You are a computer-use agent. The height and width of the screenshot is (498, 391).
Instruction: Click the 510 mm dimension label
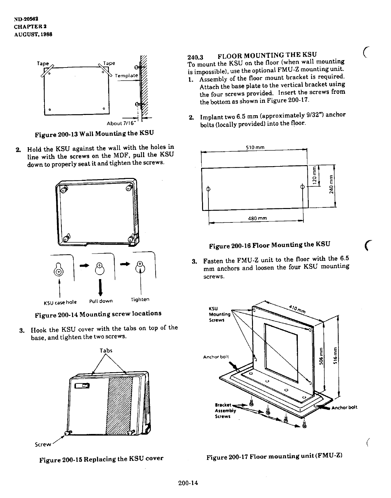tap(255, 148)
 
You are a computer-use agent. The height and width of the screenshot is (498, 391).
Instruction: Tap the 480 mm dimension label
tap(257, 219)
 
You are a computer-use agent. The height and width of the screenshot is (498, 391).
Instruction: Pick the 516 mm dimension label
tap(335, 353)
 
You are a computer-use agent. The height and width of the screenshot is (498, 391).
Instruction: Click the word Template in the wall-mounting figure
tap(126, 76)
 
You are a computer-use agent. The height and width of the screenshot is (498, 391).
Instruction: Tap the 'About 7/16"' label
tap(121, 124)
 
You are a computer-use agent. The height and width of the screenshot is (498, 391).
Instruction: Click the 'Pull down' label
tap(101, 301)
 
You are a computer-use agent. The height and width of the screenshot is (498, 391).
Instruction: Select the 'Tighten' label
tap(140, 300)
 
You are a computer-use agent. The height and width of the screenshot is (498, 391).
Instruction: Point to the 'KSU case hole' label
tap(60, 302)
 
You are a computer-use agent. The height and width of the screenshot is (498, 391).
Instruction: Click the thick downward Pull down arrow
tap(101, 287)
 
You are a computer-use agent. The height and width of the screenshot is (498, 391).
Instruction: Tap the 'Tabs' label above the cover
tap(106, 350)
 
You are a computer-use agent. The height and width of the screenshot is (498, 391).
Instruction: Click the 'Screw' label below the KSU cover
tap(43, 444)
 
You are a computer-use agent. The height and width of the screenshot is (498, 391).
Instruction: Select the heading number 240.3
tap(195, 57)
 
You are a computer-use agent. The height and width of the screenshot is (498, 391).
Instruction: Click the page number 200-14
tap(189, 483)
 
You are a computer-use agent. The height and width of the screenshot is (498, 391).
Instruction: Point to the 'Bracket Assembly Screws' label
tap(225, 411)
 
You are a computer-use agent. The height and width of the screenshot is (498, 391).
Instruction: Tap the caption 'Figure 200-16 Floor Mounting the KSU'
tap(269, 245)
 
